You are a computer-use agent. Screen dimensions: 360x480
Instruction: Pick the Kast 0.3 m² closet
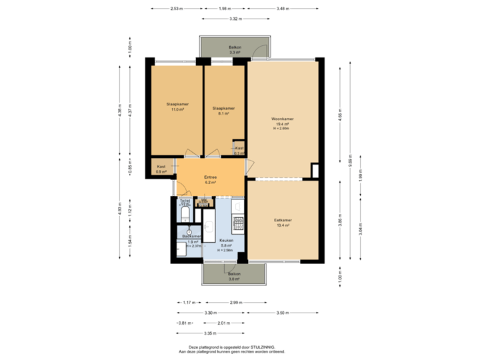point(239,150)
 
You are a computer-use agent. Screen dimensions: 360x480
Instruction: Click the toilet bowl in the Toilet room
point(185,213)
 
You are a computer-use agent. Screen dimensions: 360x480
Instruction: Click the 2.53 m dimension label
point(176,9)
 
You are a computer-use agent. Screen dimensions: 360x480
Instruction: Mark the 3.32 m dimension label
point(235,19)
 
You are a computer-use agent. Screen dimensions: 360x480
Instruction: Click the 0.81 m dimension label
point(184,323)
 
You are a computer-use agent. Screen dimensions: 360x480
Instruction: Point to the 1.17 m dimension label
point(187,302)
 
